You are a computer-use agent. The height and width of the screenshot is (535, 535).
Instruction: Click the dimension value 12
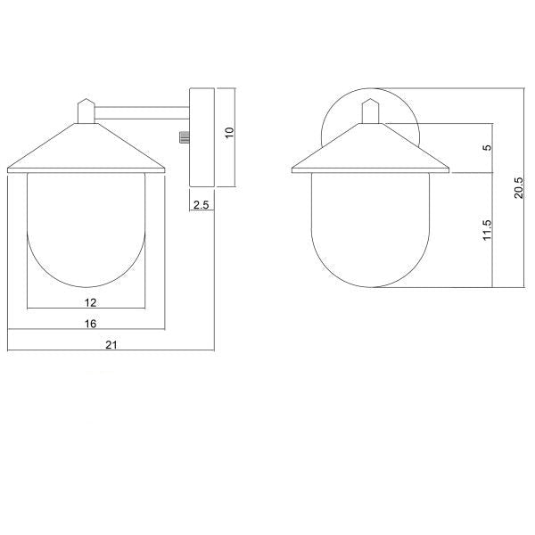click(x=90, y=302)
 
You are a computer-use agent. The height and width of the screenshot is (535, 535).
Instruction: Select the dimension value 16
click(x=90, y=324)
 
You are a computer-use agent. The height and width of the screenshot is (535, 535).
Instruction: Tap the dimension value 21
click(x=111, y=345)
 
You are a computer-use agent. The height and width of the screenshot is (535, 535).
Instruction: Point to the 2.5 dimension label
click(x=201, y=205)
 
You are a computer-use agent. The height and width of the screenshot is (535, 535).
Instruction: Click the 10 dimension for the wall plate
click(x=230, y=132)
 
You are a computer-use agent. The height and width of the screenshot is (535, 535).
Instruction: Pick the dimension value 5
click(x=489, y=147)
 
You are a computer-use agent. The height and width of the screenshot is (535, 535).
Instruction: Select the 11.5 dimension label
click(x=488, y=230)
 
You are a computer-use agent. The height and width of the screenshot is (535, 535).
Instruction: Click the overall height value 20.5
click(x=519, y=187)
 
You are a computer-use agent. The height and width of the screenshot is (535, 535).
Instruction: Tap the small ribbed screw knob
click(x=185, y=137)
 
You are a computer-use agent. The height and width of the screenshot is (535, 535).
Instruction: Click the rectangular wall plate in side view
click(x=202, y=137)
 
